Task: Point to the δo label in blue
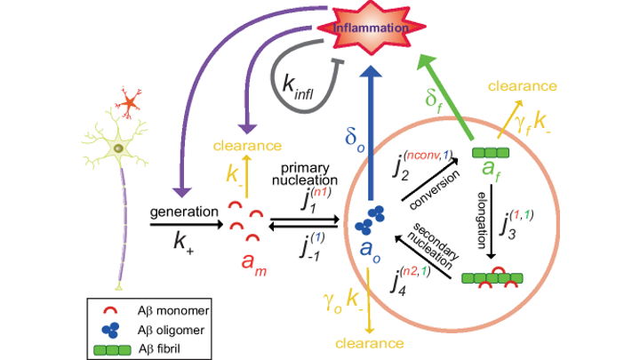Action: coord(355,141)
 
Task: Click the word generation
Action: coord(181,212)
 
